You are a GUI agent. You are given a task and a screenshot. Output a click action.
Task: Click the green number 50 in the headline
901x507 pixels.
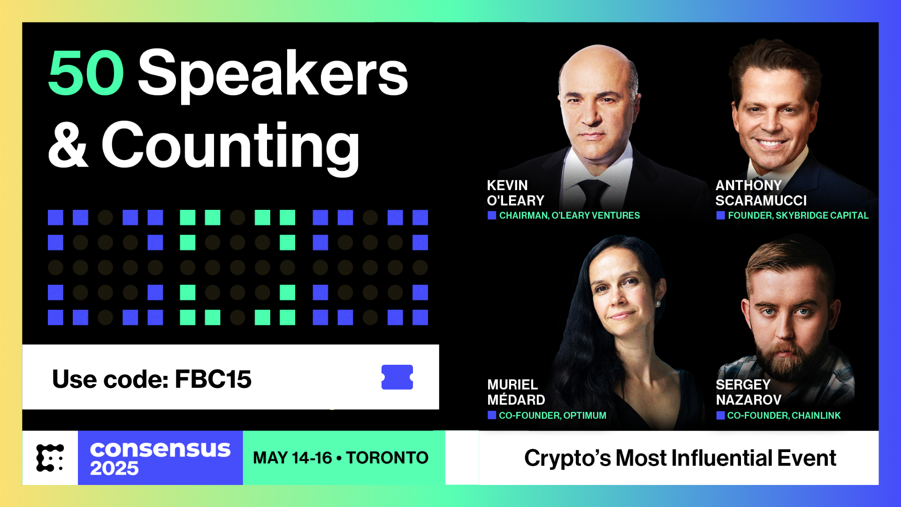[86, 73]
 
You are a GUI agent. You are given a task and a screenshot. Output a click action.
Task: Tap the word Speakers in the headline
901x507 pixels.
[273, 75]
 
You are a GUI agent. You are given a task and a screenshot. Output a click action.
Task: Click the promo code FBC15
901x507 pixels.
[213, 379]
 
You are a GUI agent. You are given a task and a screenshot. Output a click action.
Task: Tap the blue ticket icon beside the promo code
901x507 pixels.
[397, 377]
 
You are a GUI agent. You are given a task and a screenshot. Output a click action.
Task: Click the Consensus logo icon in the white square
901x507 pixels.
[50, 458]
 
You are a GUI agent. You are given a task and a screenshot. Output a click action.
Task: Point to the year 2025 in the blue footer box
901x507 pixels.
[114, 468]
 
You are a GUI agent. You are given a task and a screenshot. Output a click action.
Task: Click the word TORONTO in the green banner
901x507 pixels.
[387, 458]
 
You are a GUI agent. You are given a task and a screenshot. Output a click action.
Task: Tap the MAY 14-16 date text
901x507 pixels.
[292, 458]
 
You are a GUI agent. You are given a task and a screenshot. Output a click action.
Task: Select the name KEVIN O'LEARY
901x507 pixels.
[515, 193]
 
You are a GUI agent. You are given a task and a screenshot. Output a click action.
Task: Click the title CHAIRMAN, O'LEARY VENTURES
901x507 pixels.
[569, 215]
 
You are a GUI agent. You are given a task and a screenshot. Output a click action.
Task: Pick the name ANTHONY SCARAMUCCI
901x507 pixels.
[761, 193]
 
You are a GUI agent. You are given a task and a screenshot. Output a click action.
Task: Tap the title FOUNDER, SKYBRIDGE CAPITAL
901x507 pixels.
[798, 215]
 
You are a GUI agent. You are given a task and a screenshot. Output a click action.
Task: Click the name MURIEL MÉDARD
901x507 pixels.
[516, 392]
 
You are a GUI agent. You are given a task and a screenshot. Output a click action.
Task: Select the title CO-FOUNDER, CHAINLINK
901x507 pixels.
[784, 415]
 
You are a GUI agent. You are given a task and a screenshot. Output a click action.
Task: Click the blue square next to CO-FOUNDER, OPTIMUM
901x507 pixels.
[492, 415]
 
